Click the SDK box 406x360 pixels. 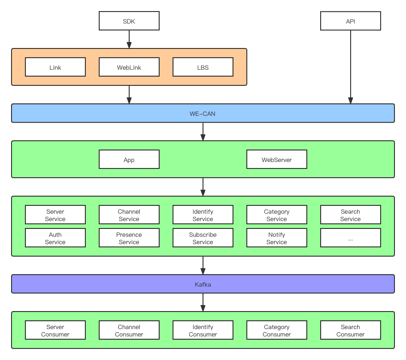point(129,21)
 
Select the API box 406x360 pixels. point(350,21)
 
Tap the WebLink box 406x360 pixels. point(129,67)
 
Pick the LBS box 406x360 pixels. point(203,67)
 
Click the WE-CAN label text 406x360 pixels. point(203,114)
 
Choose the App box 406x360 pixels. point(129,159)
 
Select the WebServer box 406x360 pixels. point(276,159)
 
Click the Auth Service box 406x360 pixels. point(55,238)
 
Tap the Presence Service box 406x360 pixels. point(129,238)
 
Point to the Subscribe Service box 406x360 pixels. point(203,238)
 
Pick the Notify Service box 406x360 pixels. point(276,238)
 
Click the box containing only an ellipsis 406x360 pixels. point(350,238)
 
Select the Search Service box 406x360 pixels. point(350,215)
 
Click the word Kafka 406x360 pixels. point(203,284)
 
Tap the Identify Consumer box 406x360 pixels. point(203,330)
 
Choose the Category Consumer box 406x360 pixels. point(276,330)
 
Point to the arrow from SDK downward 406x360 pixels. point(129,39)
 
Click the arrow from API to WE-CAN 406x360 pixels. point(350,67)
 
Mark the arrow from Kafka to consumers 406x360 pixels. point(203,302)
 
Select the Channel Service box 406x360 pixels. point(129,215)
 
